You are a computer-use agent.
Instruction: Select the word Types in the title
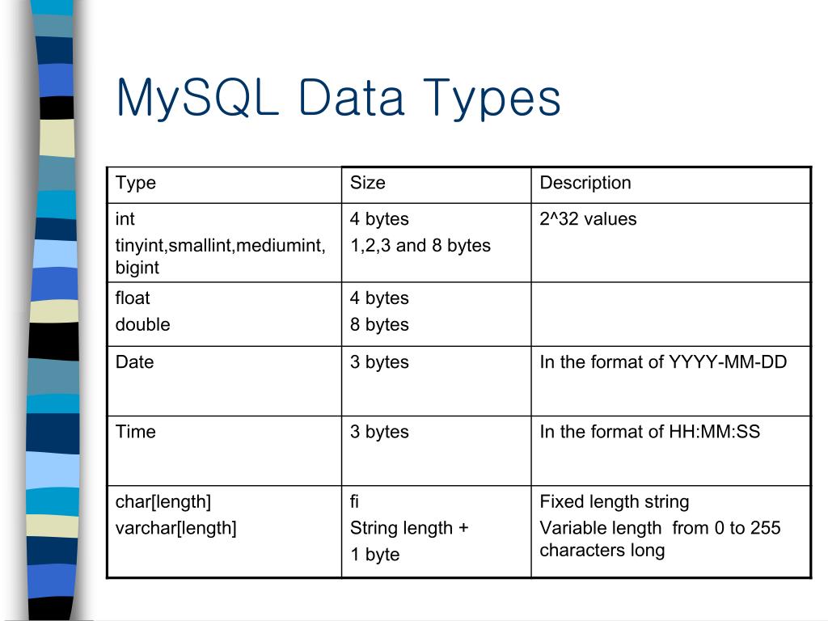(x=492, y=99)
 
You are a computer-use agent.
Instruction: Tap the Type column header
(x=136, y=183)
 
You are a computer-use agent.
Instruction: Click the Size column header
(x=367, y=183)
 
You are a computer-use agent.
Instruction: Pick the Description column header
(x=585, y=183)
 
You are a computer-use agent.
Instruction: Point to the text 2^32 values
(x=588, y=219)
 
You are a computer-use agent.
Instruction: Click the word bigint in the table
(x=137, y=268)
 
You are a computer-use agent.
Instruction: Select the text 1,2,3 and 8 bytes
(x=420, y=245)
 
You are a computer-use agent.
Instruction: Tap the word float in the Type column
(x=133, y=298)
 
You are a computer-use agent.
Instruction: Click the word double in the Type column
(x=142, y=324)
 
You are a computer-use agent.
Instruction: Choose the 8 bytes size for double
(x=379, y=324)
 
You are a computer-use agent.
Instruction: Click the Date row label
(x=134, y=362)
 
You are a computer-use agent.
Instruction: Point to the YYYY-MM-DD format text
(x=727, y=362)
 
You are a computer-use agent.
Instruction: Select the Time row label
(x=135, y=432)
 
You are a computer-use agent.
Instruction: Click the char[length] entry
(x=163, y=502)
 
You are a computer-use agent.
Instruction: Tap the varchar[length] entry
(x=175, y=528)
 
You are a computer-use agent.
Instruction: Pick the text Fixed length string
(x=614, y=502)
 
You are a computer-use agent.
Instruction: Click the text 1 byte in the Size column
(x=374, y=555)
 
